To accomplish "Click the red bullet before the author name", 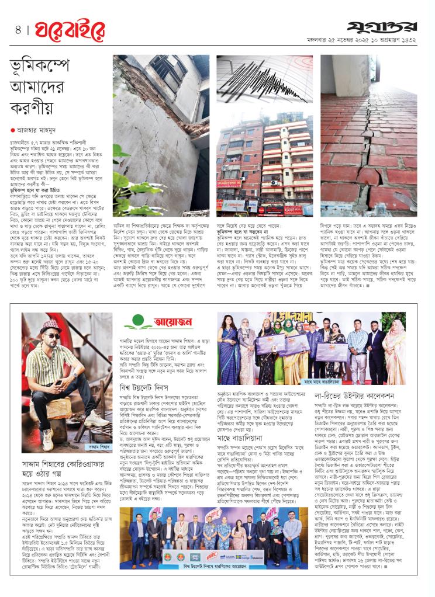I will pos(12,130).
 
